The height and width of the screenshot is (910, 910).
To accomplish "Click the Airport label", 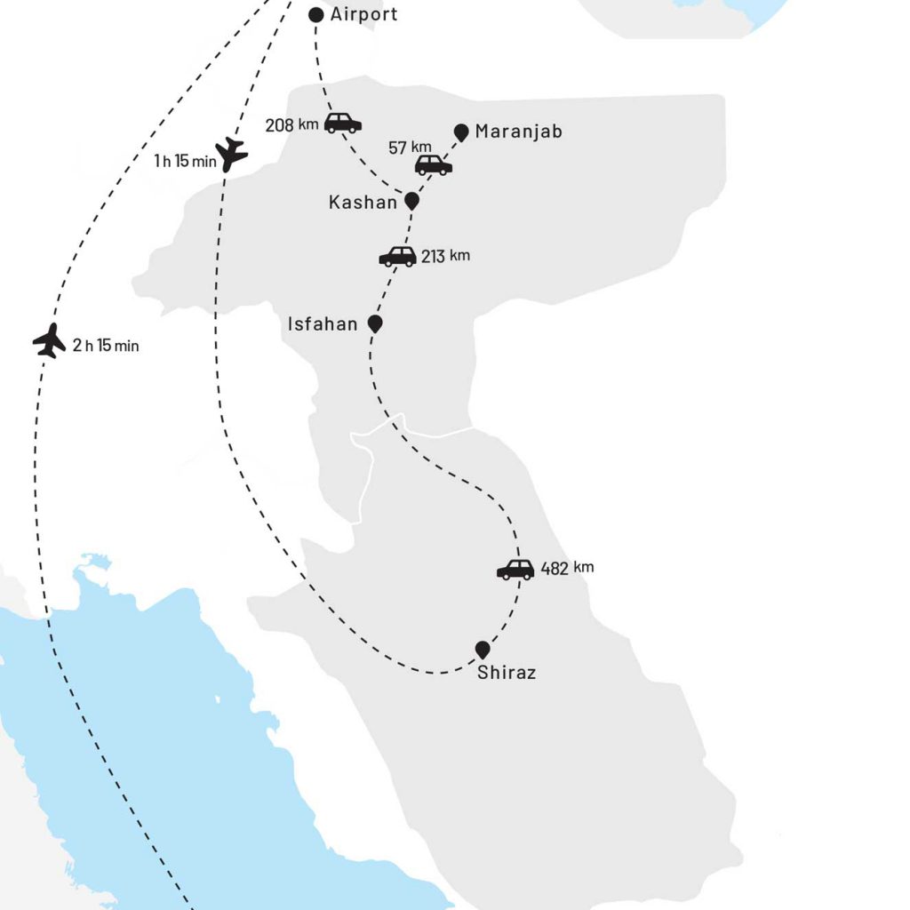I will (x=363, y=14).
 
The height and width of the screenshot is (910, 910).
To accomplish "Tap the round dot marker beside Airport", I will (x=315, y=15).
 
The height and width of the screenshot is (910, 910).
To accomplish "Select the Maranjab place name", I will (x=518, y=132).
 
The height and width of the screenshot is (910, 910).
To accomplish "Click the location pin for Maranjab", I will (x=461, y=132).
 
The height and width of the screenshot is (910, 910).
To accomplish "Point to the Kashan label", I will (x=363, y=203).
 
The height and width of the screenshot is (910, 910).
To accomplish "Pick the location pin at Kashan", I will (x=411, y=202).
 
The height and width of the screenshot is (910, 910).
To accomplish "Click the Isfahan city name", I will (x=323, y=324).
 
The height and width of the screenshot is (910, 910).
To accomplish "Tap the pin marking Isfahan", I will (x=375, y=323).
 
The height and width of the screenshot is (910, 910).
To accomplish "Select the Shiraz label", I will (x=507, y=673).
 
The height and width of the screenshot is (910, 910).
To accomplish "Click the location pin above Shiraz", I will (x=483, y=650).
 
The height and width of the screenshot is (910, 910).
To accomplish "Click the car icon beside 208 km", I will (x=342, y=124).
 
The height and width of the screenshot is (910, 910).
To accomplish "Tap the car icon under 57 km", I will (x=434, y=164).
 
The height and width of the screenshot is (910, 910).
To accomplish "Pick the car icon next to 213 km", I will (x=397, y=257).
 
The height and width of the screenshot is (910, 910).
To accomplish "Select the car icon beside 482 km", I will (x=515, y=570).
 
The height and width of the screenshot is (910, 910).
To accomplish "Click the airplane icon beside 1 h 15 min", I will (x=231, y=154).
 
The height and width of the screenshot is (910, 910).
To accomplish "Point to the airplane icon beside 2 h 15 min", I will (x=49, y=340).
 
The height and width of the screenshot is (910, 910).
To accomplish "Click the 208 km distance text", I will (x=291, y=124).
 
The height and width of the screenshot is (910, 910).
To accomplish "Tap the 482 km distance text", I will (x=567, y=569).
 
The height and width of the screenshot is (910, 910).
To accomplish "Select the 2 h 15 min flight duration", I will (x=106, y=346).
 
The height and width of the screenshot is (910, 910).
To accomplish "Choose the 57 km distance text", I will (x=410, y=147).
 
